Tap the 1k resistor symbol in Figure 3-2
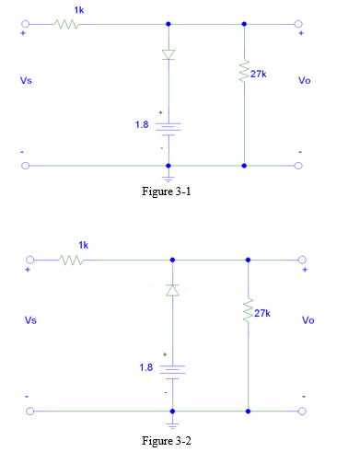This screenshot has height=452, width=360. point(72,261)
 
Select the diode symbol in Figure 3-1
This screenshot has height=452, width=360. point(168,55)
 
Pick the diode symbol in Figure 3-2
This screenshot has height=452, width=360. point(171,290)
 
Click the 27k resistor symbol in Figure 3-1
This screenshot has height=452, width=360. point(244,73)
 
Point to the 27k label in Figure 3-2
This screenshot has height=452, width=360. point(262,313)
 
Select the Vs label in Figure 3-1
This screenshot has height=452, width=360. point(29,80)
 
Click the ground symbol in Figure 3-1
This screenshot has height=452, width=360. point(168,176)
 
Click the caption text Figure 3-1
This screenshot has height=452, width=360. point(167,194)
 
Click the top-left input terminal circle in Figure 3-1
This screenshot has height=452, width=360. point(28,25)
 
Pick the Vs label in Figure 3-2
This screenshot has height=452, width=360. point(31,320)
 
